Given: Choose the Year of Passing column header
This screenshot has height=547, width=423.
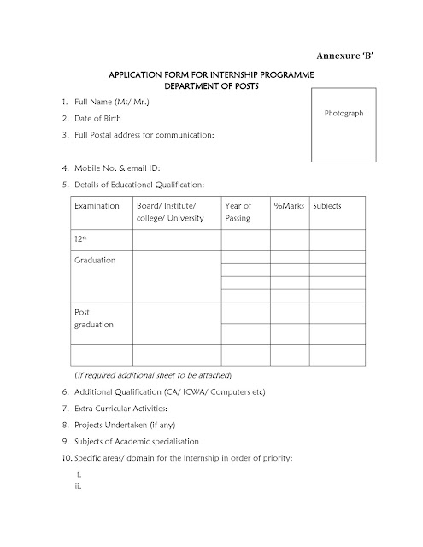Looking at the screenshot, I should [238, 213].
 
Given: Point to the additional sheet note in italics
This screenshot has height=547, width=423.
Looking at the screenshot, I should [153, 376].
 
